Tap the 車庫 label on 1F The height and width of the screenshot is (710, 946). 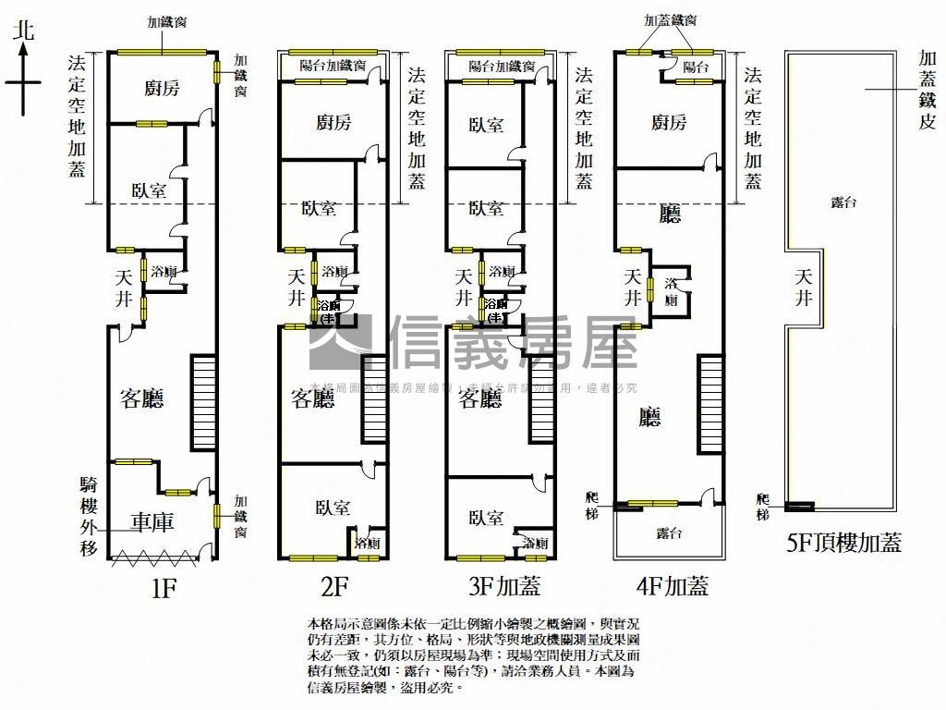click(x=153, y=522)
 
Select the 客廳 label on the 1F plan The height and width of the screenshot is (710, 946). click(x=142, y=398)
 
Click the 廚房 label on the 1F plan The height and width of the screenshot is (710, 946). click(x=162, y=89)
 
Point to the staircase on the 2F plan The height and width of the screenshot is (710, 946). click(x=373, y=399)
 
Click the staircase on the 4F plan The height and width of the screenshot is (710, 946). click(x=709, y=404)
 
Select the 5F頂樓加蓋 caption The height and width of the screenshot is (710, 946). click(x=843, y=543)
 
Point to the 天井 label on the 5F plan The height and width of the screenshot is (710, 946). click(x=804, y=287)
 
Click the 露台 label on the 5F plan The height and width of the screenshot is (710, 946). click(x=842, y=202)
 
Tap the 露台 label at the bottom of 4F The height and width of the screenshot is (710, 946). click(x=669, y=533)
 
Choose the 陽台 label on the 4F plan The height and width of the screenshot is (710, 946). click(x=696, y=67)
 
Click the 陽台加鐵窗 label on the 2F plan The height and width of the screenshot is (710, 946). click(x=334, y=66)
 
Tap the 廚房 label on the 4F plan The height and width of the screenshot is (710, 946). click(x=669, y=122)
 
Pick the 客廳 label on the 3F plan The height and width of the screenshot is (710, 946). click(x=480, y=398)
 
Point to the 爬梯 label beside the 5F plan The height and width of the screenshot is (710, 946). click(x=762, y=506)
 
